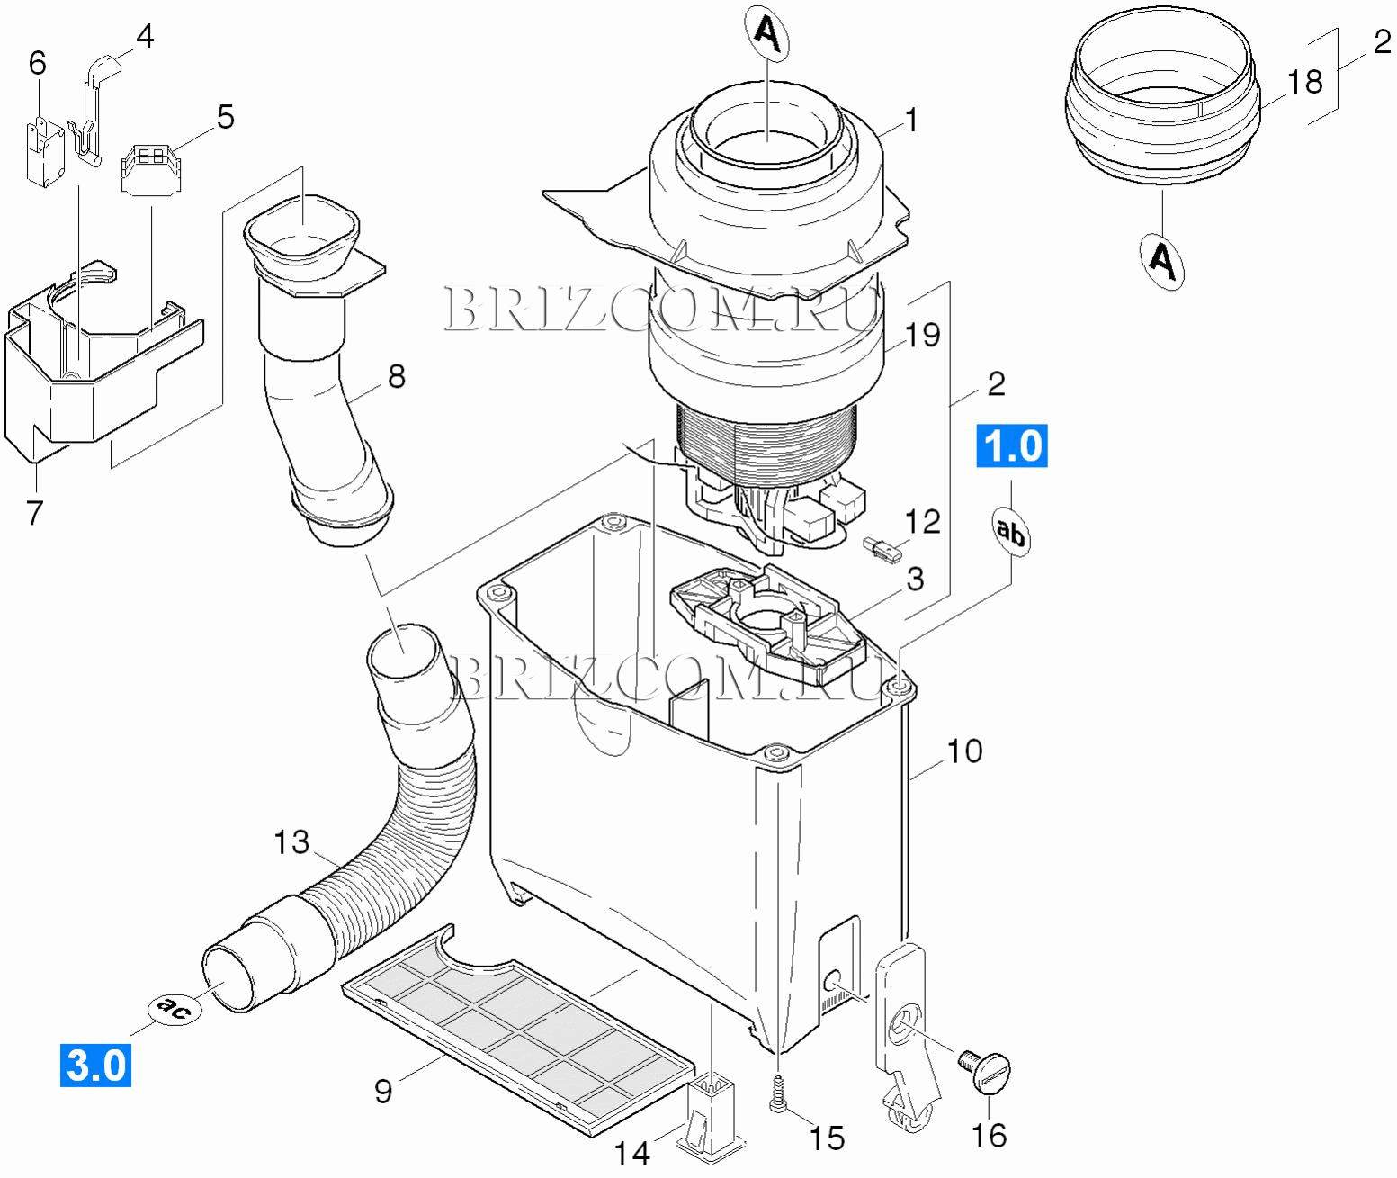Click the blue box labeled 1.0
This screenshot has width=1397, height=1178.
click(x=1012, y=445)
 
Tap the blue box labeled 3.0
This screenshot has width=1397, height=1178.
click(x=95, y=1065)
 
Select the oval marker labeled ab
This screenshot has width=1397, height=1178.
click(x=1010, y=532)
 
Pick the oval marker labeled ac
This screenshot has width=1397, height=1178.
click(x=175, y=1007)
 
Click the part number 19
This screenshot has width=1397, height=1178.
click(x=923, y=336)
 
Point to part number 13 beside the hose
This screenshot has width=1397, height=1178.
click(x=291, y=842)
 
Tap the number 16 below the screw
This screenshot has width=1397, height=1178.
click(x=989, y=1136)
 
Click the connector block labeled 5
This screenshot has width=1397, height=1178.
click(x=151, y=169)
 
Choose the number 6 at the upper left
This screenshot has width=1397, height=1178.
click(x=38, y=64)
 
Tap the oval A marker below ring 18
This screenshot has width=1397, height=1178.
click(x=1162, y=262)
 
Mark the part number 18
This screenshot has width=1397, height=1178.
click(x=1305, y=82)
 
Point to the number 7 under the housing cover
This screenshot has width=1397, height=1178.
click(x=35, y=513)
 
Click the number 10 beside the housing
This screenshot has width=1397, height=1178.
click(x=965, y=751)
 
